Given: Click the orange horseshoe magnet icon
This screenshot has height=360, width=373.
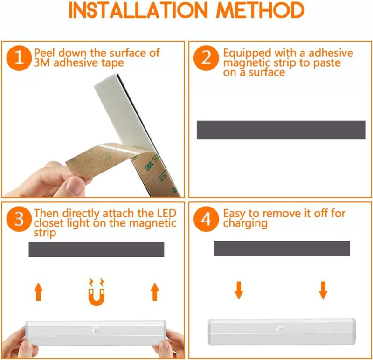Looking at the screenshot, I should coord(97,292).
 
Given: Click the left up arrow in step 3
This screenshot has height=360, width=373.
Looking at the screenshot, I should coord(39,292).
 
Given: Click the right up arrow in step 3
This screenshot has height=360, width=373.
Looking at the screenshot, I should coord(155,292).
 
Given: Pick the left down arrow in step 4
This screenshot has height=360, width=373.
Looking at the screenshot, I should coord(239,290).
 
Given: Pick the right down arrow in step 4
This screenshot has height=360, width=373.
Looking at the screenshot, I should coord(323,290).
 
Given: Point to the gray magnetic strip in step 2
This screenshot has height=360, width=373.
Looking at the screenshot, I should coord(281,130).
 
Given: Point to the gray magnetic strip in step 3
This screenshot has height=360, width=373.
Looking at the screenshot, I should coord(97,249).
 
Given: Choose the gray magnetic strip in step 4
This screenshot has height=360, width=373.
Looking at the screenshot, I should coord(282,248).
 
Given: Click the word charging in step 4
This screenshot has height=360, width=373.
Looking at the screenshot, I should coord(245,223).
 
